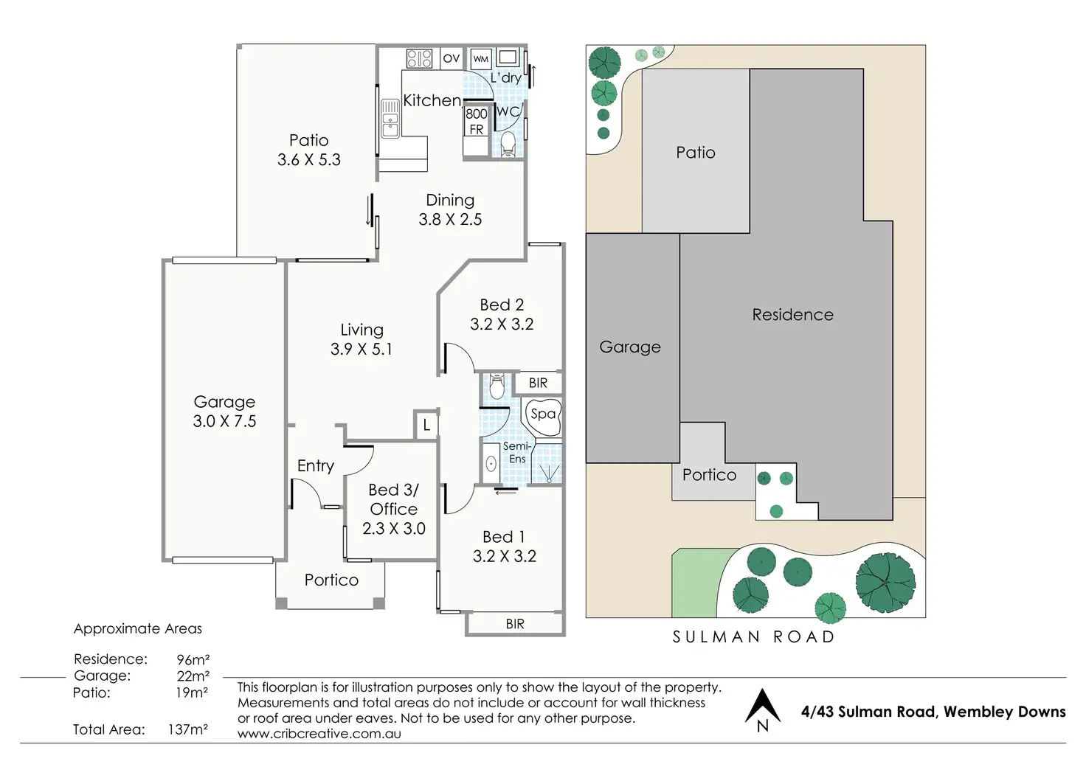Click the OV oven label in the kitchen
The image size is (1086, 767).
[x=451, y=58]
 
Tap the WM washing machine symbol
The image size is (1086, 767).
[x=480, y=59]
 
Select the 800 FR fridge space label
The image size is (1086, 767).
[x=476, y=122]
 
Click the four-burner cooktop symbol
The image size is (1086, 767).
[x=419, y=58]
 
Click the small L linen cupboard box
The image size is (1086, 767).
[x=426, y=425]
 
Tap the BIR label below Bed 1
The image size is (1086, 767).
[x=514, y=624]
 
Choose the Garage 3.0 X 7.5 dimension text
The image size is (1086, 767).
[x=224, y=421]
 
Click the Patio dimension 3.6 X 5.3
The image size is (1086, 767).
[x=309, y=159]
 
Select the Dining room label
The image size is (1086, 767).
[x=450, y=200]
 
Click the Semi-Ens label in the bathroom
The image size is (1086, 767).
[x=517, y=452]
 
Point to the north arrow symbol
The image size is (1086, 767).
[x=762, y=709]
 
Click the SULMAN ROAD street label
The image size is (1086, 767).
[x=753, y=636]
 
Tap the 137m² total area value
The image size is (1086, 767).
[x=188, y=729]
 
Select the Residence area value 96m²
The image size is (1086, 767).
[x=193, y=659]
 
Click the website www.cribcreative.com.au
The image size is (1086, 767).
[x=319, y=734]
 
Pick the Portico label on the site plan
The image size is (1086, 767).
[x=709, y=475]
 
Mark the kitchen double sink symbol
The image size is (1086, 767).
[x=390, y=118]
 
